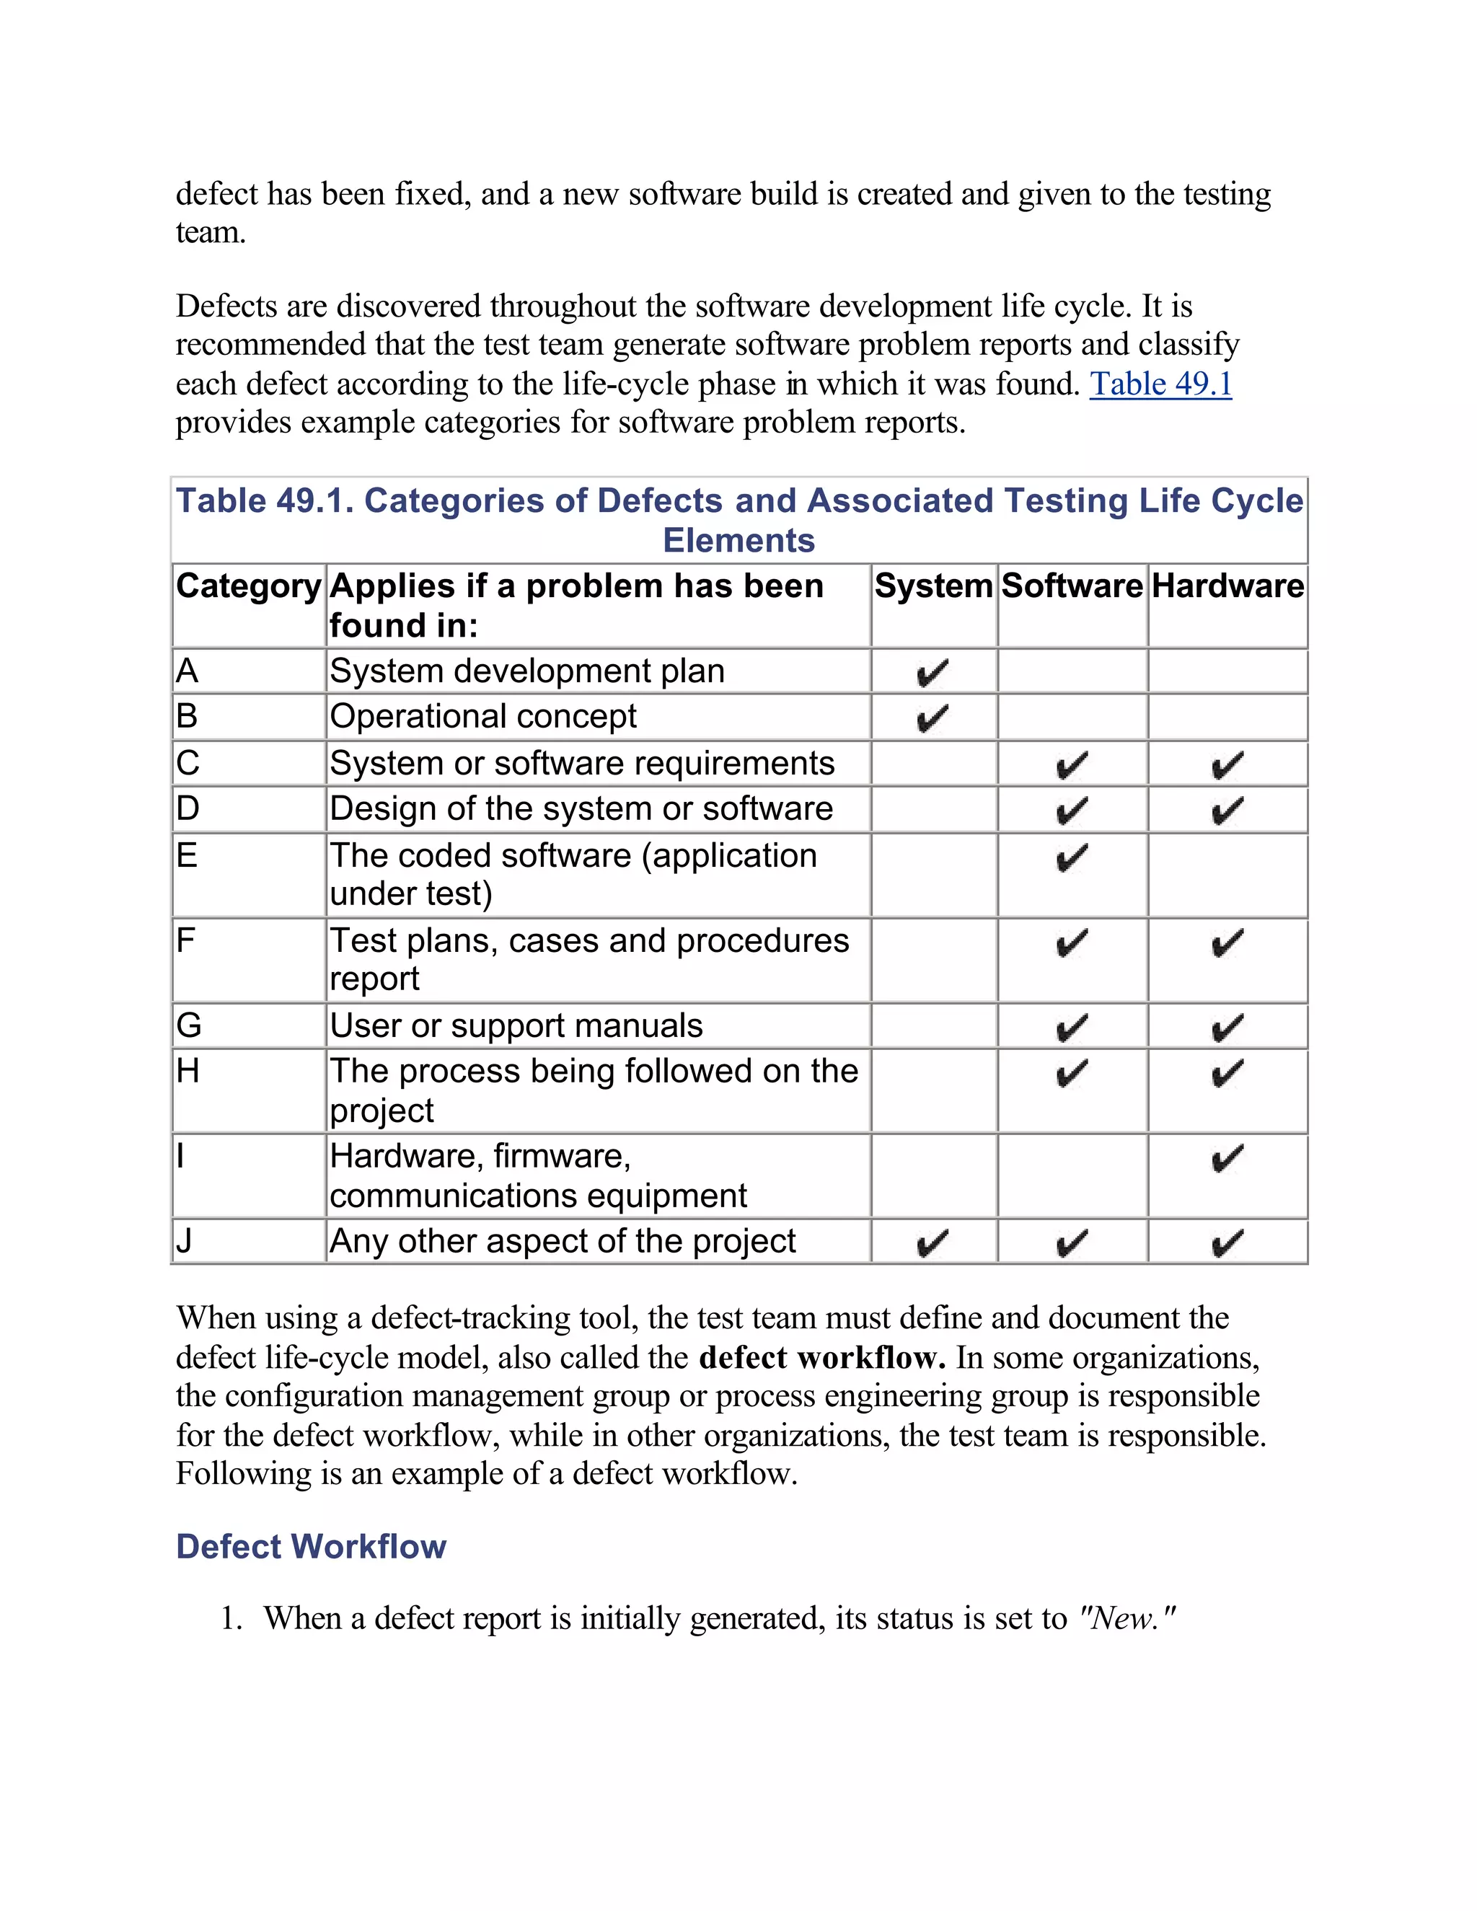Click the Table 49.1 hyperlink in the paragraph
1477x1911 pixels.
1160,384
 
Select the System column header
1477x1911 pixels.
934,586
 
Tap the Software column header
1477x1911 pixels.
1072,586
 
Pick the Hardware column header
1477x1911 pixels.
1227,586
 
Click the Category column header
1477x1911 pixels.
249,586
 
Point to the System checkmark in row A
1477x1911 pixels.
932,673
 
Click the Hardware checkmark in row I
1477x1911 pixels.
1227,1159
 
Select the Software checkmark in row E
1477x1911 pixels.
1072,857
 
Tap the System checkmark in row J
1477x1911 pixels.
932,1243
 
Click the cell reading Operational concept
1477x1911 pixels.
483,717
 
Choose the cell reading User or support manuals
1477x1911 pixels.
516,1025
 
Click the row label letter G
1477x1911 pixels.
188,1025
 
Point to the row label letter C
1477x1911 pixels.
188,763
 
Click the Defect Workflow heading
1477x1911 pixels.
311,1546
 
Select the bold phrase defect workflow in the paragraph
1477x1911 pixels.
821,1357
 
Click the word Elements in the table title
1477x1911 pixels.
738,541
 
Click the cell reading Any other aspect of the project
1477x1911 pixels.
563,1242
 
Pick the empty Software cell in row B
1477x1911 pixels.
1072,717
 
